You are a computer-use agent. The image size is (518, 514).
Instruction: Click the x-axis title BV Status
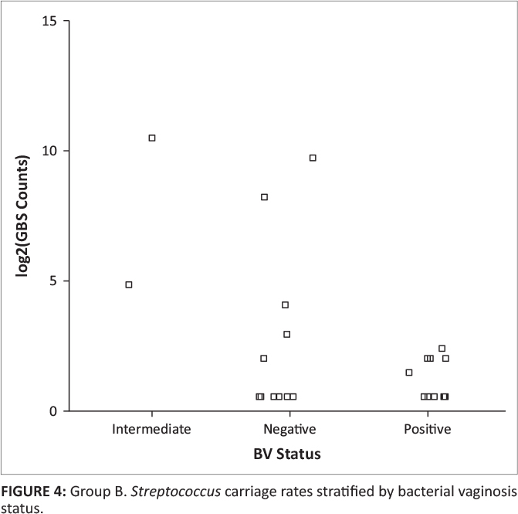[x=287, y=454]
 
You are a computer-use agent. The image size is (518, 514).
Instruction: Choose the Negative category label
[x=287, y=428]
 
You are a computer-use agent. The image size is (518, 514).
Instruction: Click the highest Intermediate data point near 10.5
[x=152, y=138]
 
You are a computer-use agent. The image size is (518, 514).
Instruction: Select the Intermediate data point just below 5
[x=129, y=284]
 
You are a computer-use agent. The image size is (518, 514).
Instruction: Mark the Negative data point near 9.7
[x=313, y=158]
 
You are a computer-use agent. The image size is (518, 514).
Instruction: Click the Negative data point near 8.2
[x=264, y=197]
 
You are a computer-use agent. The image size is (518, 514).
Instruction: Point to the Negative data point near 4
[x=285, y=305]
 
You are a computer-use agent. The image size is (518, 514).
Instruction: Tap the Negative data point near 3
[x=286, y=334]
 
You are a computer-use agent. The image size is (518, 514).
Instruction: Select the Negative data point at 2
[x=263, y=358]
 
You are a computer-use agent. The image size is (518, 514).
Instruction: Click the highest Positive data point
[x=442, y=348]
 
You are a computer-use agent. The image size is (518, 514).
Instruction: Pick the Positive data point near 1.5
[x=408, y=372]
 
